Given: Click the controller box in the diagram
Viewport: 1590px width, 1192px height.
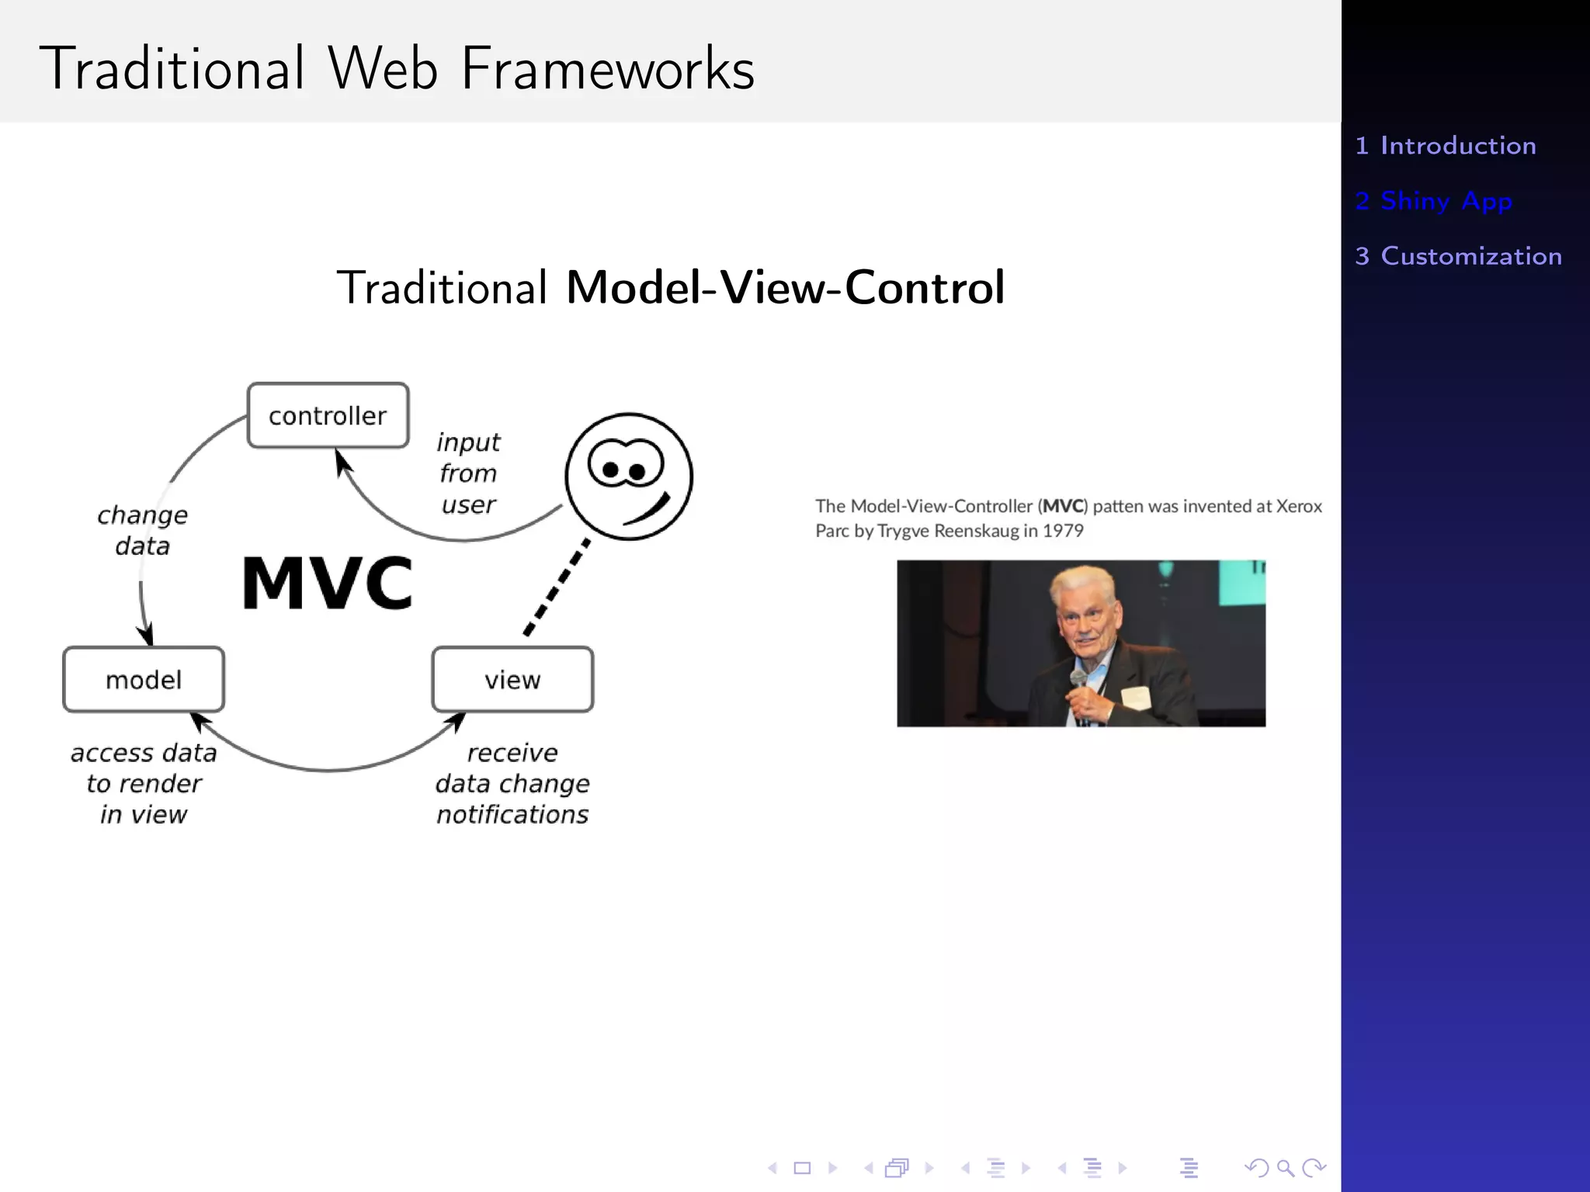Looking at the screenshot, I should (x=328, y=416).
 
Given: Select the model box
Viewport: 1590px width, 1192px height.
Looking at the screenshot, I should (x=144, y=680).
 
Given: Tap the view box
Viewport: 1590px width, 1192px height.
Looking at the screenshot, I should (x=512, y=680).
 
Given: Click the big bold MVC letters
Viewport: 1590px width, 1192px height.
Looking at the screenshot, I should (x=327, y=584).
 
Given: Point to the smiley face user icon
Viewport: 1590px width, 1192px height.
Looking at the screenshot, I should (x=629, y=476).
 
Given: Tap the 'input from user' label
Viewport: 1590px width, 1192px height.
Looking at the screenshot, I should (x=468, y=473).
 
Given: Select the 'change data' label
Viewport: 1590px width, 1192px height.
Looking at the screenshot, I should (x=143, y=530).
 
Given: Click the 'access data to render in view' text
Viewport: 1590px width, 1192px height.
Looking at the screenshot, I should (x=144, y=783).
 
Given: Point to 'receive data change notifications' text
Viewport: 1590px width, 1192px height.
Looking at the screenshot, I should (x=512, y=783).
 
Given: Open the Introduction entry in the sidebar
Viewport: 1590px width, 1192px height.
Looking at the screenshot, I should (x=1446, y=146).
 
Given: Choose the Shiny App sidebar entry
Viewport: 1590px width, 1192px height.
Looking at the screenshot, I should (x=1434, y=201).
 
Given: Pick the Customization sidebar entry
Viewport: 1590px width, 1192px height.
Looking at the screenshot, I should (x=1458, y=256).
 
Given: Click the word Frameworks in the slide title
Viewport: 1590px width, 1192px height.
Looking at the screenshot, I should (x=608, y=69).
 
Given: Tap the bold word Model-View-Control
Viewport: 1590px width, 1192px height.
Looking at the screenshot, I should (x=785, y=288).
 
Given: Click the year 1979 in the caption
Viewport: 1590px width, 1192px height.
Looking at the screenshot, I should (x=1063, y=531).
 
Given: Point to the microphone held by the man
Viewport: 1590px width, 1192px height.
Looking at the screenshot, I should (x=1078, y=680).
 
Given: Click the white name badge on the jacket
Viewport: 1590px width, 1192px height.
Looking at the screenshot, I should (x=1135, y=697).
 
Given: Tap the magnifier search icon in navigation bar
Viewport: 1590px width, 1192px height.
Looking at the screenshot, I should (x=1285, y=1168).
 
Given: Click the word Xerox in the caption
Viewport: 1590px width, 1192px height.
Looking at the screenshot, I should (x=1299, y=506).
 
